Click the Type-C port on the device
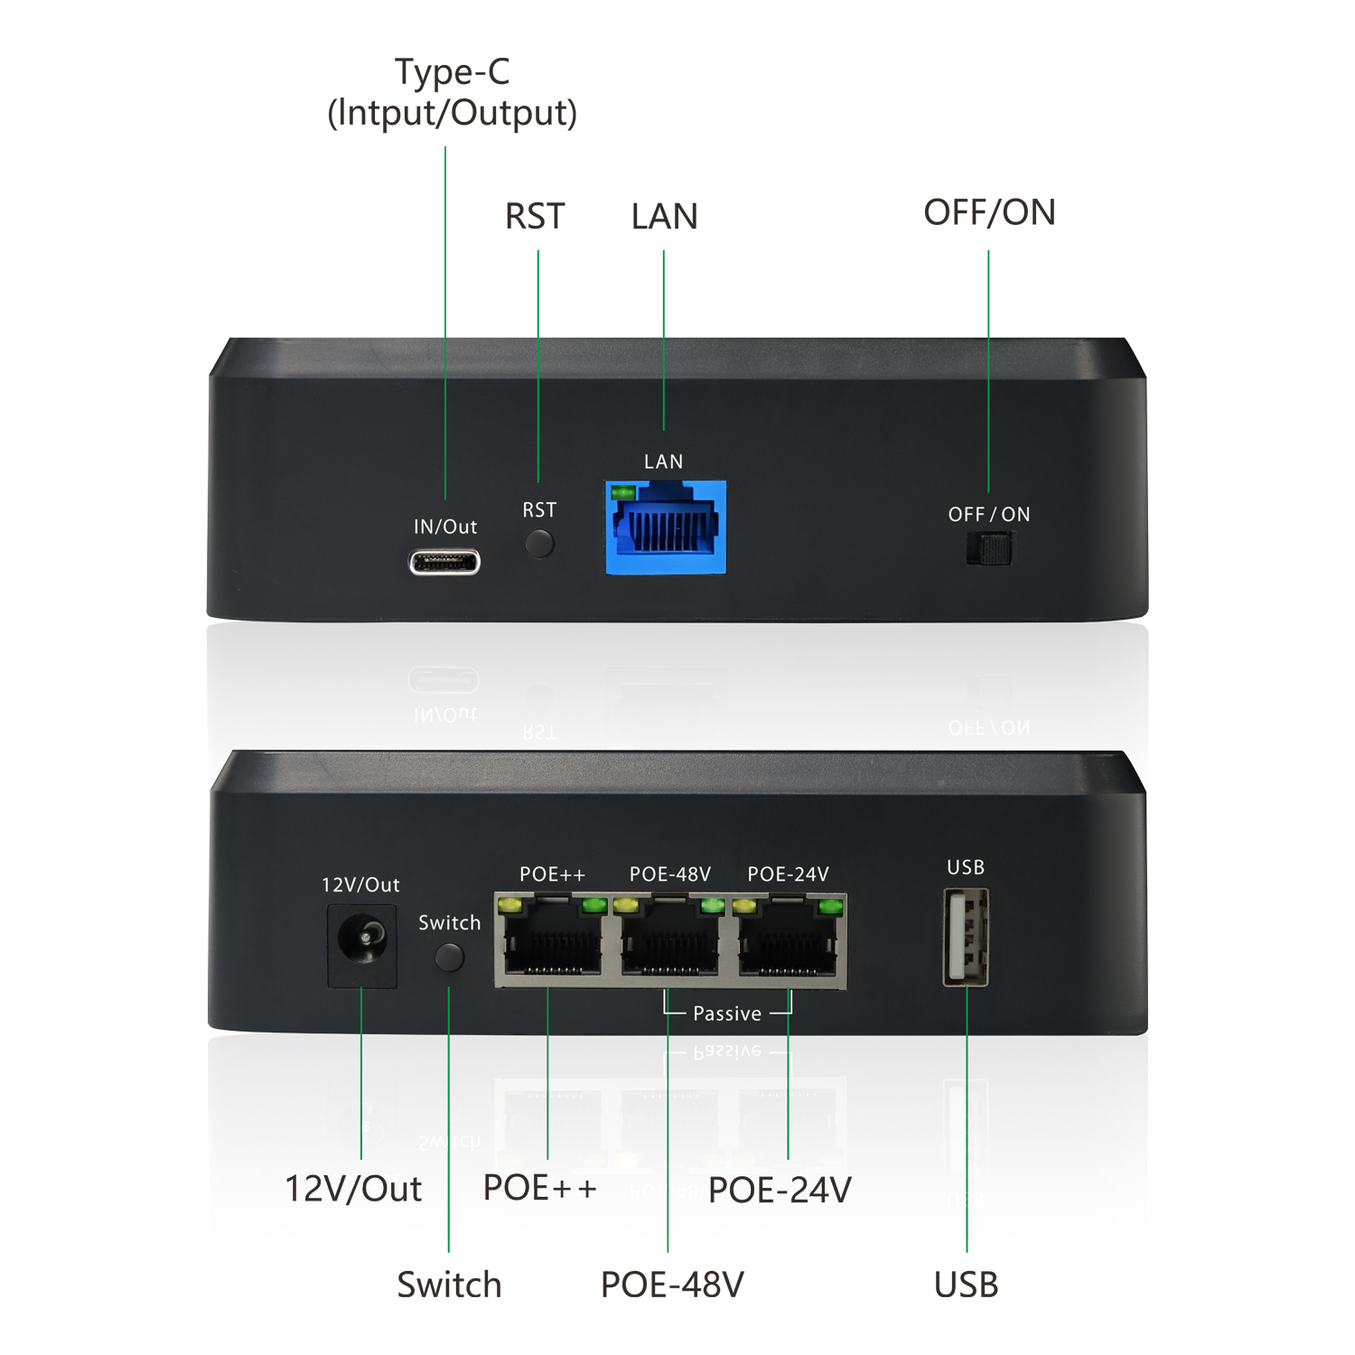444,562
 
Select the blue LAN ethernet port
666,528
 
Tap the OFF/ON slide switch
989,548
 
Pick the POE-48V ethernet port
669,941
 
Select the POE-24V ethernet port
788,941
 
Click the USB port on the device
966,937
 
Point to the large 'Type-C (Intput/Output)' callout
452,92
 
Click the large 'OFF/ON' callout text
989,212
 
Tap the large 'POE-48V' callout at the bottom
672,1284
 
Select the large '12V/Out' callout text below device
353,1189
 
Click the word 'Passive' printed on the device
727,1014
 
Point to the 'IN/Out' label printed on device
445,527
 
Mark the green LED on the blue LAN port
623,492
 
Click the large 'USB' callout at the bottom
966,1284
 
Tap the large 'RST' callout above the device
535,217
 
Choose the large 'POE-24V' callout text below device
780,1190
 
